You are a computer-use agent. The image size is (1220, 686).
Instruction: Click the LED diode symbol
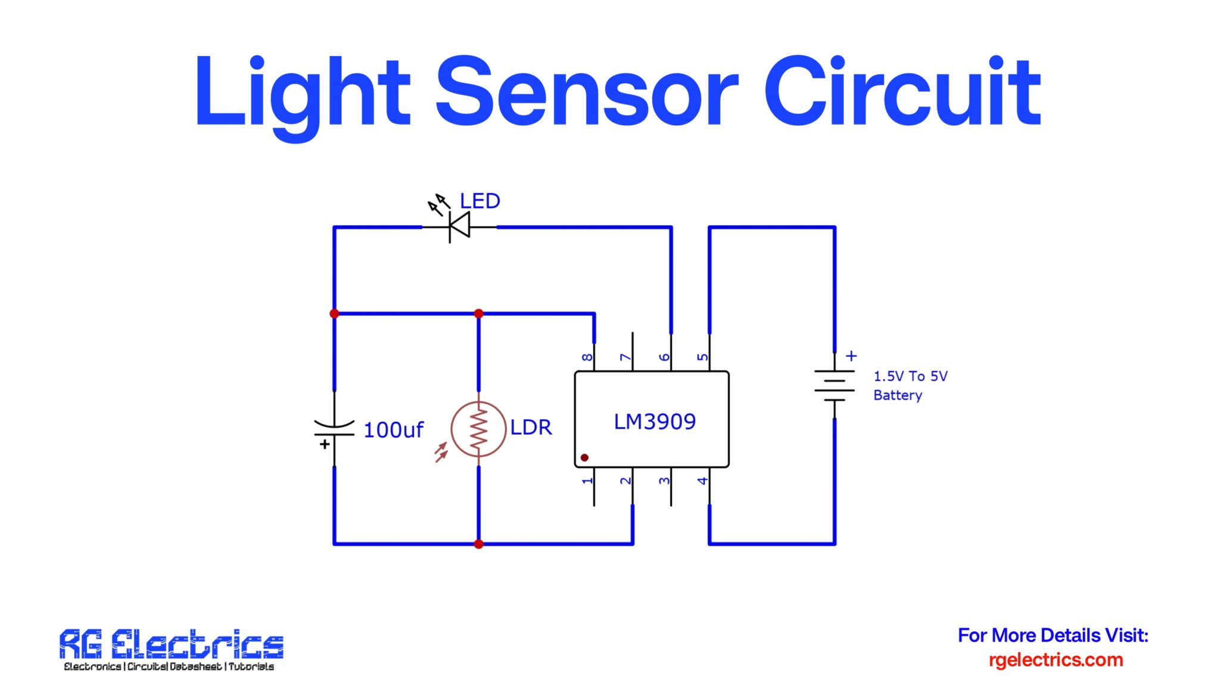pyautogui.click(x=459, y=227)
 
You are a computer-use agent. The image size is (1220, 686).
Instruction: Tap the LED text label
pyautogui.click(x=480, y=201)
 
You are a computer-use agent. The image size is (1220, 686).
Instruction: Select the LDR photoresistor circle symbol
pyautogui.click(x=478, y=429)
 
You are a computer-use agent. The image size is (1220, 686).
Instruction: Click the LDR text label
pyautogui.click(x=531, y=428)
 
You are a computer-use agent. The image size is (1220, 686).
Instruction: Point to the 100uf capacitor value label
pyautogui.click(x=393, y=430)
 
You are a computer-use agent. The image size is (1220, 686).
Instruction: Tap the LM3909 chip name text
pyautogui.click(x=655, y=422)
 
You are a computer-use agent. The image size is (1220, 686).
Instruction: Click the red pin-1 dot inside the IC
pyautogui.click(x=584, y=457)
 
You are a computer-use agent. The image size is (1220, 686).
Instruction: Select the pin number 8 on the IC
pyautogui.click(x=587, y=357)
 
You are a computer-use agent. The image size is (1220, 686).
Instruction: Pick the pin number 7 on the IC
pyautogui.click(x=625, y=357)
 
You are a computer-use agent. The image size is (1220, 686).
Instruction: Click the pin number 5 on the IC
pyautogui.click(x=703, y=357)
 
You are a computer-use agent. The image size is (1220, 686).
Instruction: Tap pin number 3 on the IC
pyautogui.click(x=664, y=481)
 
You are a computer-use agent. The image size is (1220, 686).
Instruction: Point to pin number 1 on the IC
pyautogui.click(x=587, y=481)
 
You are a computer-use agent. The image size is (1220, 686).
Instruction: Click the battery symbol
pyautogui.click(x=835, y=385)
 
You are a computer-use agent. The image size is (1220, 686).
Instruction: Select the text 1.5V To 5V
pyautogui.click(x=910, y=376)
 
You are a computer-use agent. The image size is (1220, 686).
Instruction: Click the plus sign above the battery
pyautogui.click(x=851, y=356)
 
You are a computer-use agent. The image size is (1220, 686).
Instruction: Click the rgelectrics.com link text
pyautogui.click(x=1056, y=660)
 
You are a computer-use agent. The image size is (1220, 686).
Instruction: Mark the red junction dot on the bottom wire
pyautogui.click(x=478, y=544)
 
